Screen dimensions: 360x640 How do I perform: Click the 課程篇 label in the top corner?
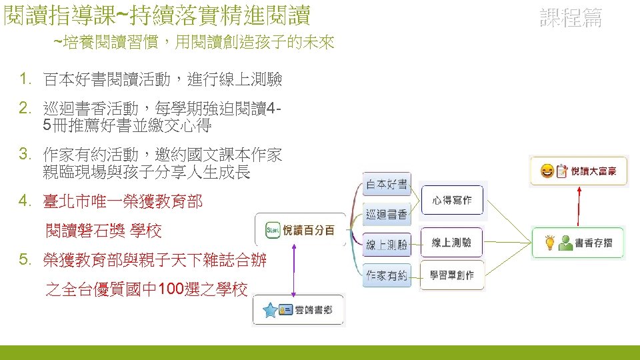point(570,18)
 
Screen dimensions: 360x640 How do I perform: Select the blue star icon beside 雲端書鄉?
point(270,311)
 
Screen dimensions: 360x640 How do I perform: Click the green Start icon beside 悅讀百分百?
point(271,231)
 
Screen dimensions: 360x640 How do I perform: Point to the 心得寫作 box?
point(451,200)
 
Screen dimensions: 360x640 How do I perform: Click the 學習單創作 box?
point(451,275)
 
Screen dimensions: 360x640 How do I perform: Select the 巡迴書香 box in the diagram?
point(387,214)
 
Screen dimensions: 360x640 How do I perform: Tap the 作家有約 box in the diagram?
point(387,275)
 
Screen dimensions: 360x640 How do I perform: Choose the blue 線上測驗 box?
point(387,245)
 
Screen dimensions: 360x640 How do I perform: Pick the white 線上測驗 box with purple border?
point(451,243)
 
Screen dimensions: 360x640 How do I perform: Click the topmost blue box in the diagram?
point(387,184)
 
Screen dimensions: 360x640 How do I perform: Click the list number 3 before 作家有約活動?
point(25,155)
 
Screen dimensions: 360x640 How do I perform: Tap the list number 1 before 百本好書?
point(25,80)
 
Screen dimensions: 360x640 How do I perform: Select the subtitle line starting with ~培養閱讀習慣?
point(193,43)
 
